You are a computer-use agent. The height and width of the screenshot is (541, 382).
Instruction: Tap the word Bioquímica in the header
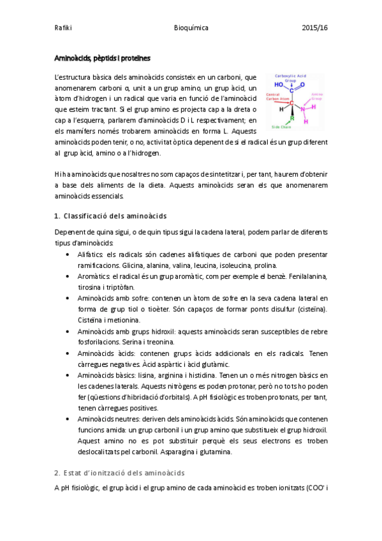(x=191, y=28)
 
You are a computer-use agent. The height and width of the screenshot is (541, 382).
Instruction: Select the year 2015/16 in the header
(x=315, y=28)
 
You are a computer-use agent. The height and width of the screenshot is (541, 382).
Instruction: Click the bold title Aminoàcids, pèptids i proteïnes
(x=102, y=58)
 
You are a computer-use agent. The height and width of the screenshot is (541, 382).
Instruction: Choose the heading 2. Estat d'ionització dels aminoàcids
(x=119, y=473)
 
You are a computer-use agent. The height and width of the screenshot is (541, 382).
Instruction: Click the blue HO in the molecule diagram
(x=279, y=84)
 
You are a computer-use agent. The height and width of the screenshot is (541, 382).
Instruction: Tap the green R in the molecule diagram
(x=292, y=117)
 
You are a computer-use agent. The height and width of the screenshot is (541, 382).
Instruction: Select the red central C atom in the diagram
(x=292, y=103)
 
